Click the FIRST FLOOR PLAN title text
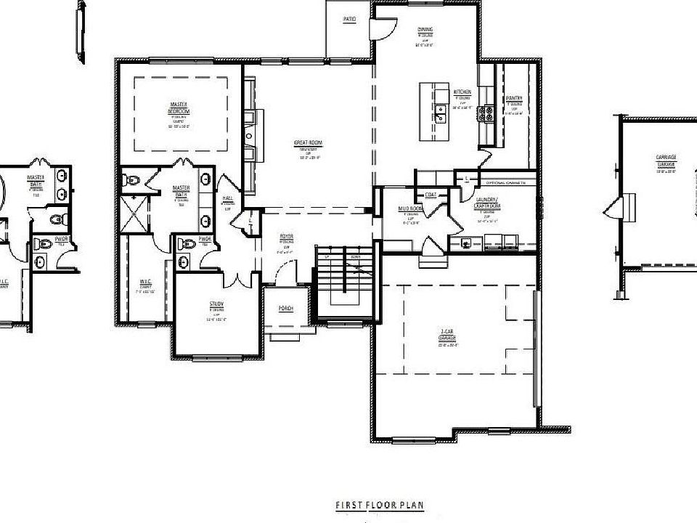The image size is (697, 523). tap(379, 505)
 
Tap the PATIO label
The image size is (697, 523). tap(349, 19)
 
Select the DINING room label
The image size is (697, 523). tap(425, 30)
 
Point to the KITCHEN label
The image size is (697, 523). tap(462, 92)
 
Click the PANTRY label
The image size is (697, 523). tap(515, 98)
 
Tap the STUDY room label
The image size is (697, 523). tap(216, 304)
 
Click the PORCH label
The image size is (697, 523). tap(286, 309)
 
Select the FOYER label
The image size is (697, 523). tap(287, 238)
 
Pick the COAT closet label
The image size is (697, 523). tap(431, 194)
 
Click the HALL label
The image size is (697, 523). tap(227, 198)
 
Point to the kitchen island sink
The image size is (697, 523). tap(440, 113)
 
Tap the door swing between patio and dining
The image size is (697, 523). tap(383, 28)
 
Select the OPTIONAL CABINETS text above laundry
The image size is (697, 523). tap(501, 182)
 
